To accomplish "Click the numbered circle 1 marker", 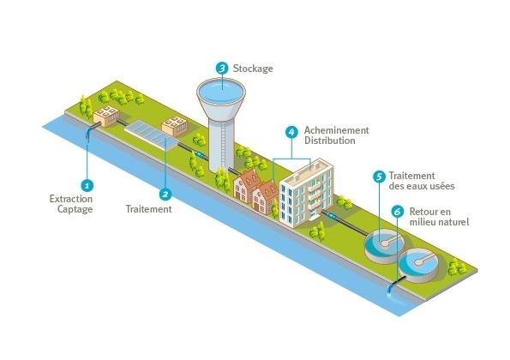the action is coord(87,186).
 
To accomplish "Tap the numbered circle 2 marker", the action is coord(165,195).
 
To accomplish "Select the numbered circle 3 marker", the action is coord(222,69).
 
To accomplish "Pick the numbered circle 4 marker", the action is coord(291,132).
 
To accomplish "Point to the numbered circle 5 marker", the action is coord(379,177).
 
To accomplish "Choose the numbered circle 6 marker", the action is coord(397,212).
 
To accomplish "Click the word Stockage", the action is coord(253,69).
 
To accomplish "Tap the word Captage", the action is coord(75,209).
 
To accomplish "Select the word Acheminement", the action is coord(336,130).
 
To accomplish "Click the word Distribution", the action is coord(329,141).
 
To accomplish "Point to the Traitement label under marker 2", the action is coord(148,209).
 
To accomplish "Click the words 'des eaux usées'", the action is coord(422,186).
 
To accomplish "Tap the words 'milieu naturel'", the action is coord(439,222).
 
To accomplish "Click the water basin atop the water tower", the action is coord(221,90).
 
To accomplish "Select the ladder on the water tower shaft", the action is coord(223,141).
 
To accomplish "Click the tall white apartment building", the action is coord(306,193).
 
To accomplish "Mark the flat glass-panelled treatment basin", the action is coord(151,135).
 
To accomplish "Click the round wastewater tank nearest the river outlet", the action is coord(418,265).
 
